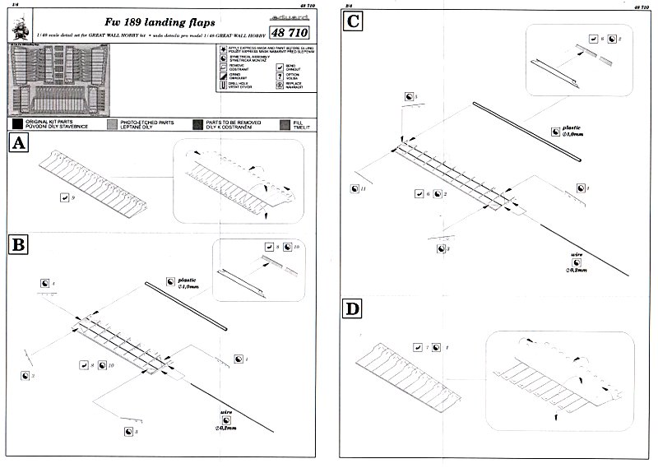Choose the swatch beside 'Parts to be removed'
[x=198, y=123]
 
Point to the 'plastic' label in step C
[x=570, y=128]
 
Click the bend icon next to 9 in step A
[x=64, y=197]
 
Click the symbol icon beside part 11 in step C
[x=353, y=188]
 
